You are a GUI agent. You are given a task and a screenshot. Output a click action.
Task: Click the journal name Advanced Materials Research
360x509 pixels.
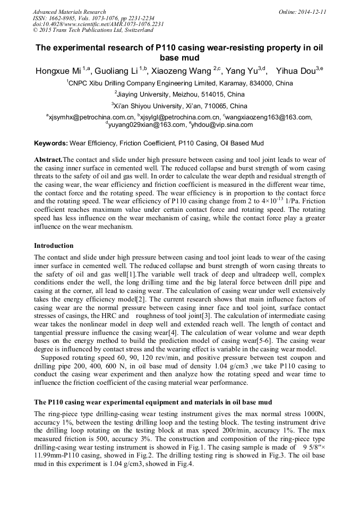click(70, 12)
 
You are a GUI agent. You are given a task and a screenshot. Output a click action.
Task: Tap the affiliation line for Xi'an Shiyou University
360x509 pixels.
click(180, 106)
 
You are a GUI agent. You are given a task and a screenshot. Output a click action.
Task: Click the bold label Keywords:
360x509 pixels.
click(51, 143)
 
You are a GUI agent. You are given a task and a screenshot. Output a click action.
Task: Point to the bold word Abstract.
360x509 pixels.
click(48, 160)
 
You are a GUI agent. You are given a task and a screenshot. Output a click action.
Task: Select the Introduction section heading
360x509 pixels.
click(54, 246)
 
